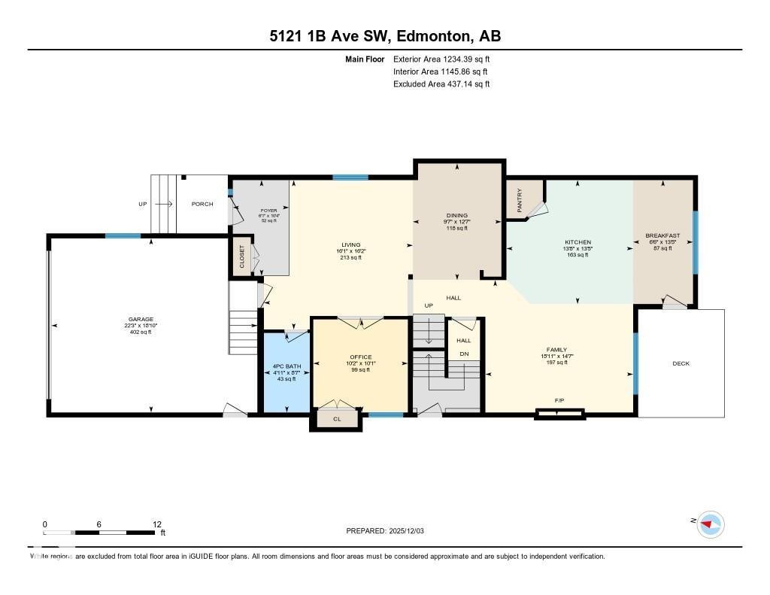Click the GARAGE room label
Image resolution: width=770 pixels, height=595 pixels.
tap(141, 319)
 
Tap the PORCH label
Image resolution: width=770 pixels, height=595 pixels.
tap(202, 204)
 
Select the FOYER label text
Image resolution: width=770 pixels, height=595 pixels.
tap(268, 211)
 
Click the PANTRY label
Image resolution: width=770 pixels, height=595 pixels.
tap(519, 200)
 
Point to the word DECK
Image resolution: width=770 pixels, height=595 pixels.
tap(681, 363)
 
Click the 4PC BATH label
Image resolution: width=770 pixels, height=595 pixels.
tap(284, 366)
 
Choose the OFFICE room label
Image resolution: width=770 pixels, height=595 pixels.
tap(360, 357)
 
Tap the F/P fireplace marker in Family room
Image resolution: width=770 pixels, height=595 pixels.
tap(559, 401)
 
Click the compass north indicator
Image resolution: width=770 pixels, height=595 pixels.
tap(710, 524)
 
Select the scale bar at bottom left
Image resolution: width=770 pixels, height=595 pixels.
tap(102, 533)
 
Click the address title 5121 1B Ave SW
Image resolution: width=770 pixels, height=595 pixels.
tap(384, 36)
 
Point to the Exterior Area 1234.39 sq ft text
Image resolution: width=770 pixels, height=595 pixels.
tap(441, 59)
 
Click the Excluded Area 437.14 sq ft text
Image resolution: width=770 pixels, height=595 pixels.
tap(441, 84)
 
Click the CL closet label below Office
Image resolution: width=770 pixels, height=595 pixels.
tap(337, 419)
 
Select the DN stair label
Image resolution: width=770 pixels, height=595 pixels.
tap(464, 354)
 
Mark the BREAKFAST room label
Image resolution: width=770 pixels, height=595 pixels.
tap(662, 236)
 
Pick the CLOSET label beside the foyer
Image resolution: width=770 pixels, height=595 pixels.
tap(241, 257)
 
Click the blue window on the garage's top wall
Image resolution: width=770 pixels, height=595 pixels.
tap(123, 236)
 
